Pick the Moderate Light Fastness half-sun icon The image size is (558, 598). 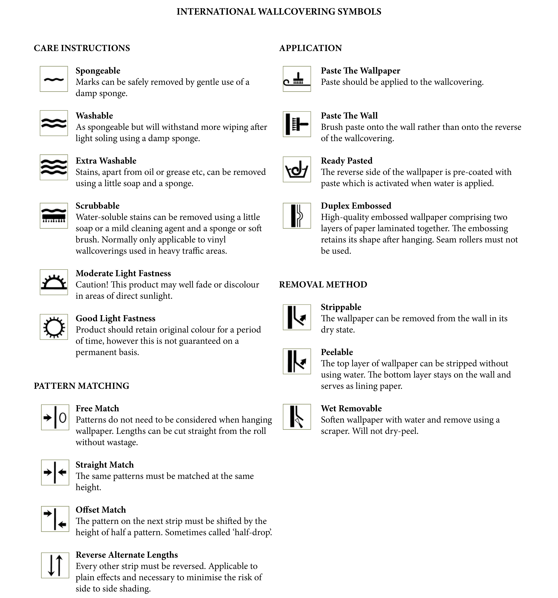pyautogui.click(x=54, y=282)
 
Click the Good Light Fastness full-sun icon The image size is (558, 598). pyautogui.click(x=54, y=327)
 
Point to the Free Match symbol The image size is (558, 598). pyautogui.click(x=55, y=417)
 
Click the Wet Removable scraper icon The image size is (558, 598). pyautogui.click(x=297, y=417)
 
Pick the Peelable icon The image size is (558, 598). pyautogui.click(x=297, y=361)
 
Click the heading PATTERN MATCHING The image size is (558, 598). pyautogui.click(x=81, y=386)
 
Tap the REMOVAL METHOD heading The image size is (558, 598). pyautogui.click(x=323, y=285)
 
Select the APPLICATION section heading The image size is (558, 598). pyautogui.click(x=310, y=48)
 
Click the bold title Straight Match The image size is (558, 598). pyautogui.click(x=105, y=465)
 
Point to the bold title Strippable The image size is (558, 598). pyautogui.click(x=341, y=307)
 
